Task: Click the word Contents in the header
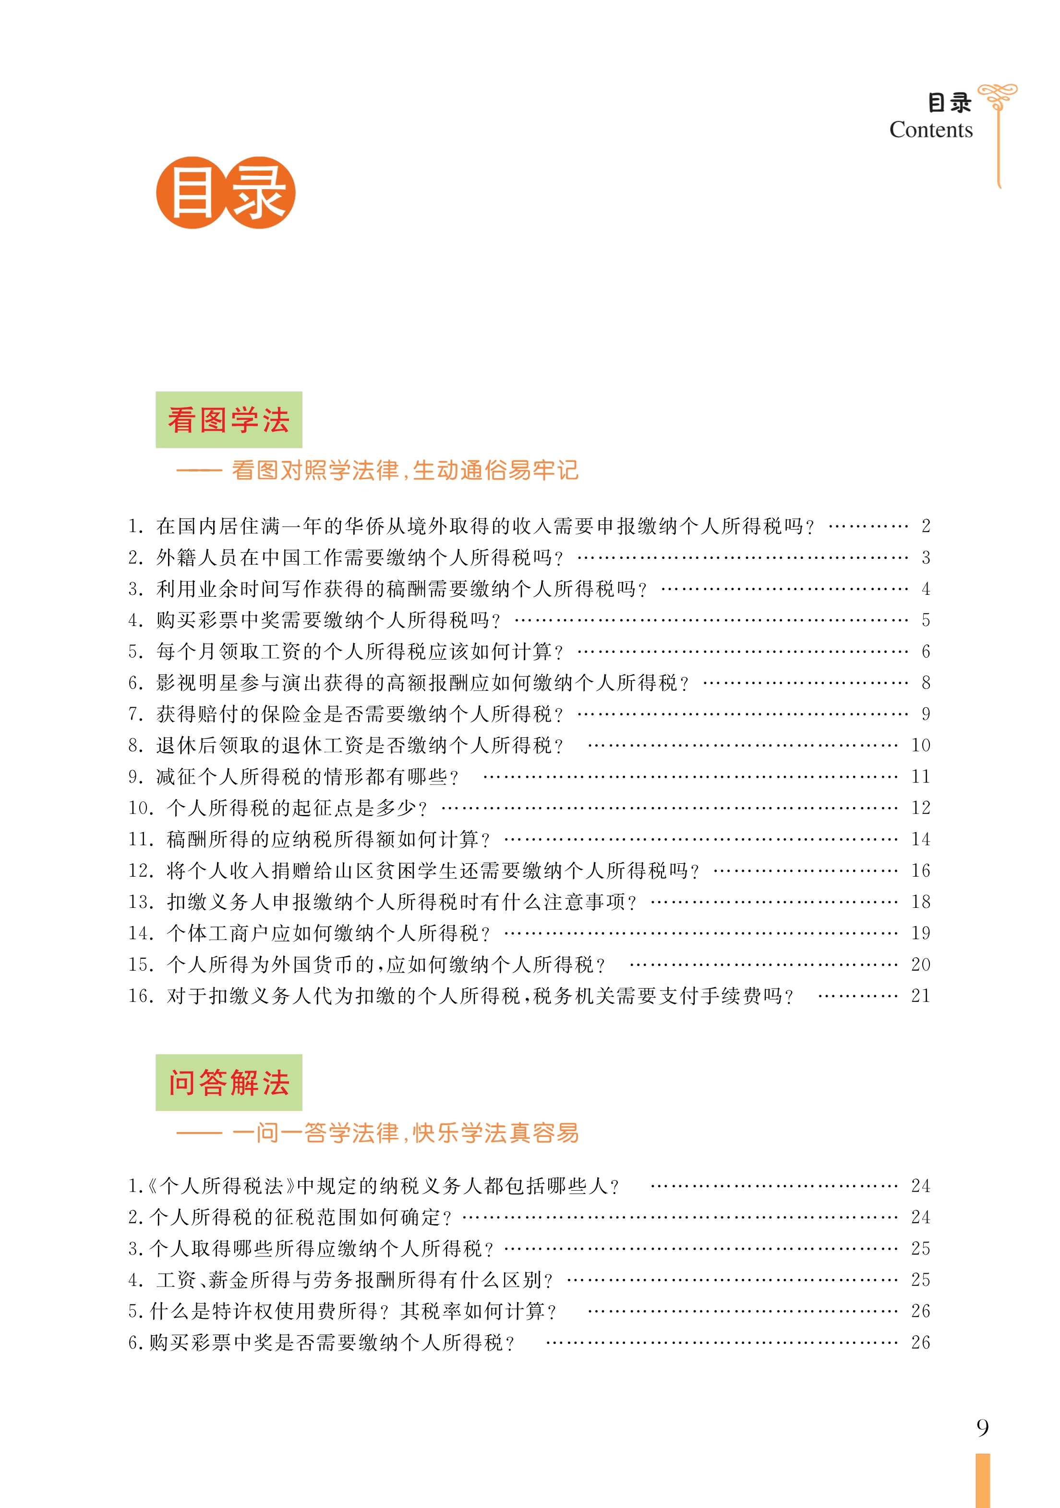click(930, 130)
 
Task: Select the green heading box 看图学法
click(229, 420)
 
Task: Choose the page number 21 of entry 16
click(920, 996)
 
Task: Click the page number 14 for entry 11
click(920, 839)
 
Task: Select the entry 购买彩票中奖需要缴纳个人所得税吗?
click(328, 620)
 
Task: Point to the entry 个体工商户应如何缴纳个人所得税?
click(328, 933)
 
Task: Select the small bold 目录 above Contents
click(949, 102)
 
